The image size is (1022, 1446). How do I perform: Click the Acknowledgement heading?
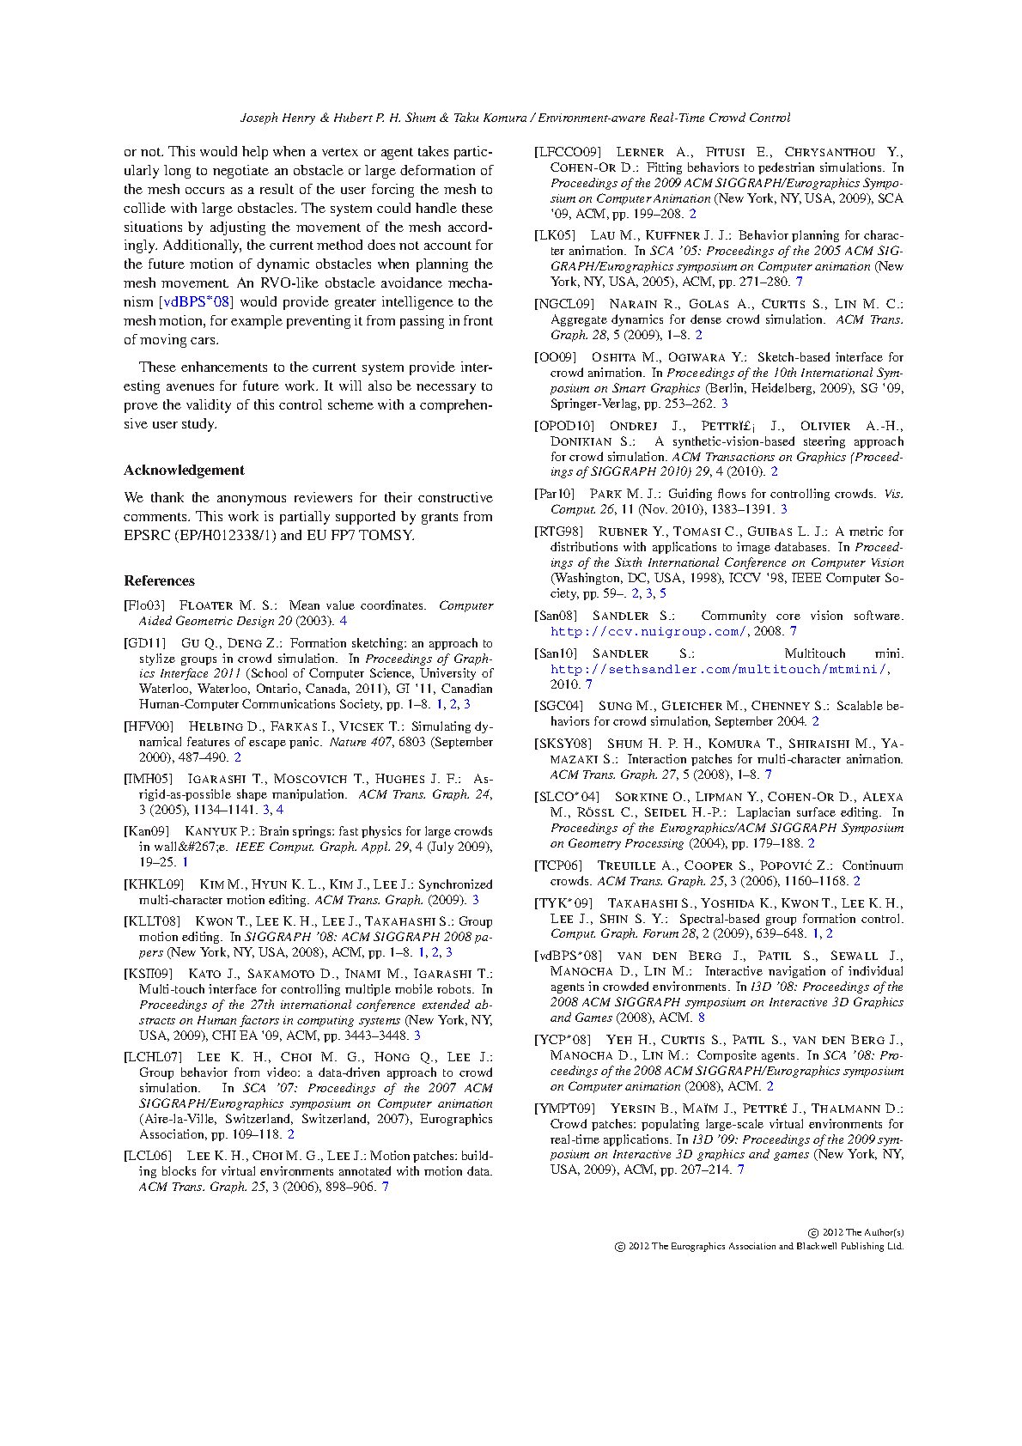184,470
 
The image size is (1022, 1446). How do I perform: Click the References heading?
159,580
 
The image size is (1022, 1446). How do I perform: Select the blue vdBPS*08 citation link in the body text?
197,302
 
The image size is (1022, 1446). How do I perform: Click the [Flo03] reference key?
144,605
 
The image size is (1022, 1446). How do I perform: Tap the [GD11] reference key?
145,643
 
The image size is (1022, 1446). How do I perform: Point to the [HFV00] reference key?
149,726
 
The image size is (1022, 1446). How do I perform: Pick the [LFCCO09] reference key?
568,152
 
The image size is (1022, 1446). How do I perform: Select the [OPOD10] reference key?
564,426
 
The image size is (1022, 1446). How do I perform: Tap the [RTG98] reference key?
558,532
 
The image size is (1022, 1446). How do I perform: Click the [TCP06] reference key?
558,866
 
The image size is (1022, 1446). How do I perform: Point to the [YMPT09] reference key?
564,1109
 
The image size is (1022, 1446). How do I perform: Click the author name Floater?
206,605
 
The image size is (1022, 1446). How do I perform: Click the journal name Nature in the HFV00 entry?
348,742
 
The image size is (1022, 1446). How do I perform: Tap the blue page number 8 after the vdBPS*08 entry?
701,1018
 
